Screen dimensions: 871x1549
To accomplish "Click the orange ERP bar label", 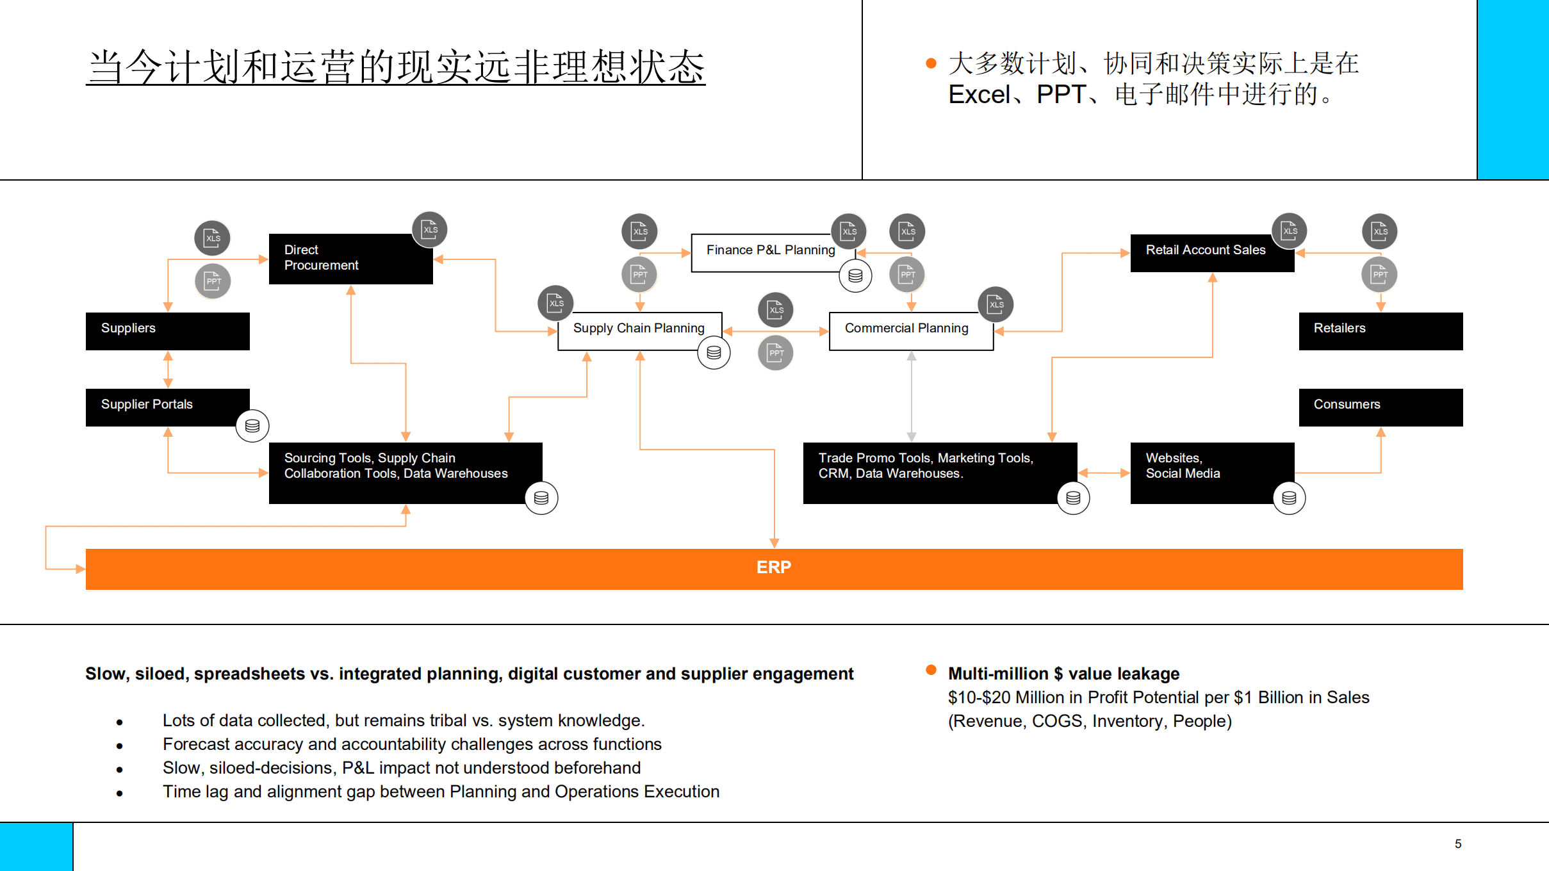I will tap(774, 568).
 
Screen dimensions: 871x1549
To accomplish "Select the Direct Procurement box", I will tap(350, 259).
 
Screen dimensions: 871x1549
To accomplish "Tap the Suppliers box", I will tap(167, 331).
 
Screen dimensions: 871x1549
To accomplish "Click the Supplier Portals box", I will tap(167, 407).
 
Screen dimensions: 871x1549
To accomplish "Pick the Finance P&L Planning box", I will tap(770, 252).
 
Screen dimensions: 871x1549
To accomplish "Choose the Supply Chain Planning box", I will tap(639, 330).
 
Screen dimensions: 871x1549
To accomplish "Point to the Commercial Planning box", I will tap(910, 330).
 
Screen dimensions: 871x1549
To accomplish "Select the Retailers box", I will tap(1380, 331).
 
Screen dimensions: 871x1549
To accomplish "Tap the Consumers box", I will tap(1380, 407).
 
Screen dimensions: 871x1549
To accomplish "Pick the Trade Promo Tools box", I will tap(939, 473).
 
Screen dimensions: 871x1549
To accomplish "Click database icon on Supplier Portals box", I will tap(252, 426).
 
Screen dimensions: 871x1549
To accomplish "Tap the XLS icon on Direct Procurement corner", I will tap(429, 229).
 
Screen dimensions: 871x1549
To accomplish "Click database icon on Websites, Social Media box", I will tap(1289, 498).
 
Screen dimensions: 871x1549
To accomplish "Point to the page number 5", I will tap(1457, 844).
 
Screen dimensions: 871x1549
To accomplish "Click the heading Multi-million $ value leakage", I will tap(1063, 674).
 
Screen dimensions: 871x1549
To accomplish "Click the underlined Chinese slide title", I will tap(396, 67).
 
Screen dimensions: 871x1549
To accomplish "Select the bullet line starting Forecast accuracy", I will tap(411, 744).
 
